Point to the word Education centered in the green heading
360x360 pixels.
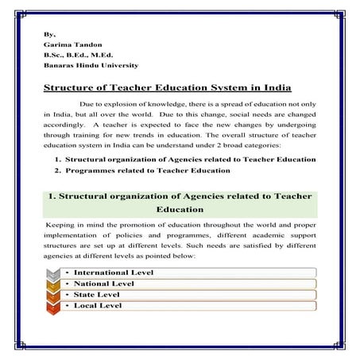pos(180,210)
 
